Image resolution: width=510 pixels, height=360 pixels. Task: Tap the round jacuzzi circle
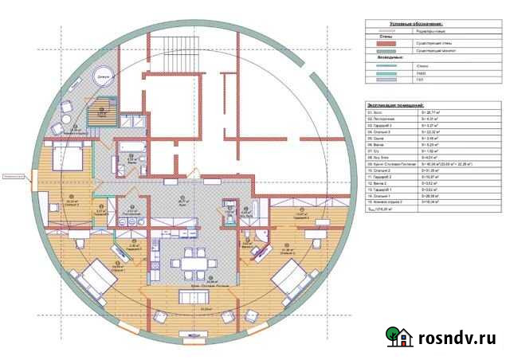[x=104, y=77]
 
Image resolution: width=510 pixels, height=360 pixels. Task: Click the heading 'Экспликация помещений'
[x=396, y=105]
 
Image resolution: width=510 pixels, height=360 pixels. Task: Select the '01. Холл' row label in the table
[x=377, y=112]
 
